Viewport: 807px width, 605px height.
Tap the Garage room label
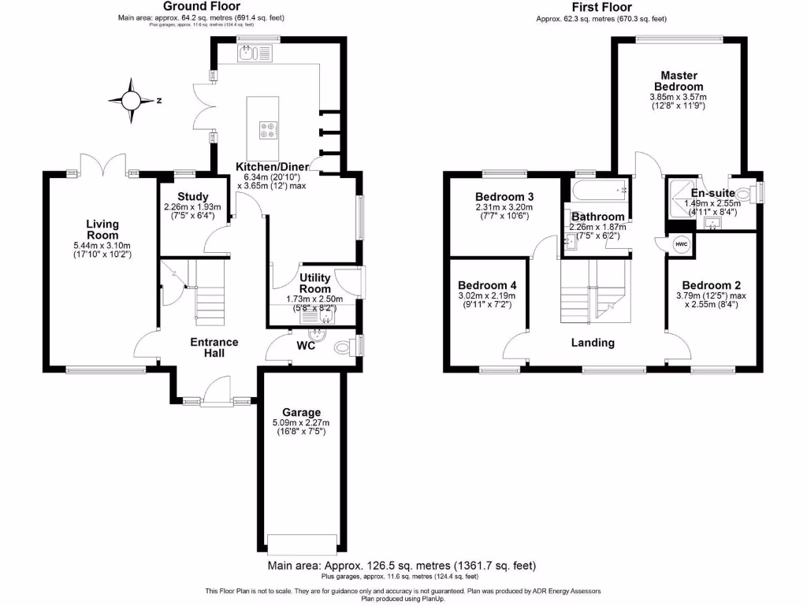pyautogui.click(x=302, y=412)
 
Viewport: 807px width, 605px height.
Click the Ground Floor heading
pyautogui.click(x=191, y=6)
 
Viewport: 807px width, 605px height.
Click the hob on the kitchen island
pyautogui.click(x=268, y=128)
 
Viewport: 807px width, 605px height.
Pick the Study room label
pyautogui.click(x=192, y=197)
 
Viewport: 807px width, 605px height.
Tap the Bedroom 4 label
pyautogui.click(x=488, y=285)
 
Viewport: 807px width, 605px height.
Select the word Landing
pyautogui.click(x=593, y=343)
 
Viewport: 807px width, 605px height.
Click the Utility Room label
pyautogui.click(x=314, y=284)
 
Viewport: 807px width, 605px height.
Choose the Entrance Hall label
pyautogui.click(x=214, y=347)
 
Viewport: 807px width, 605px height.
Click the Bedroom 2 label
pyautogui.click(x=711, y=285)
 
